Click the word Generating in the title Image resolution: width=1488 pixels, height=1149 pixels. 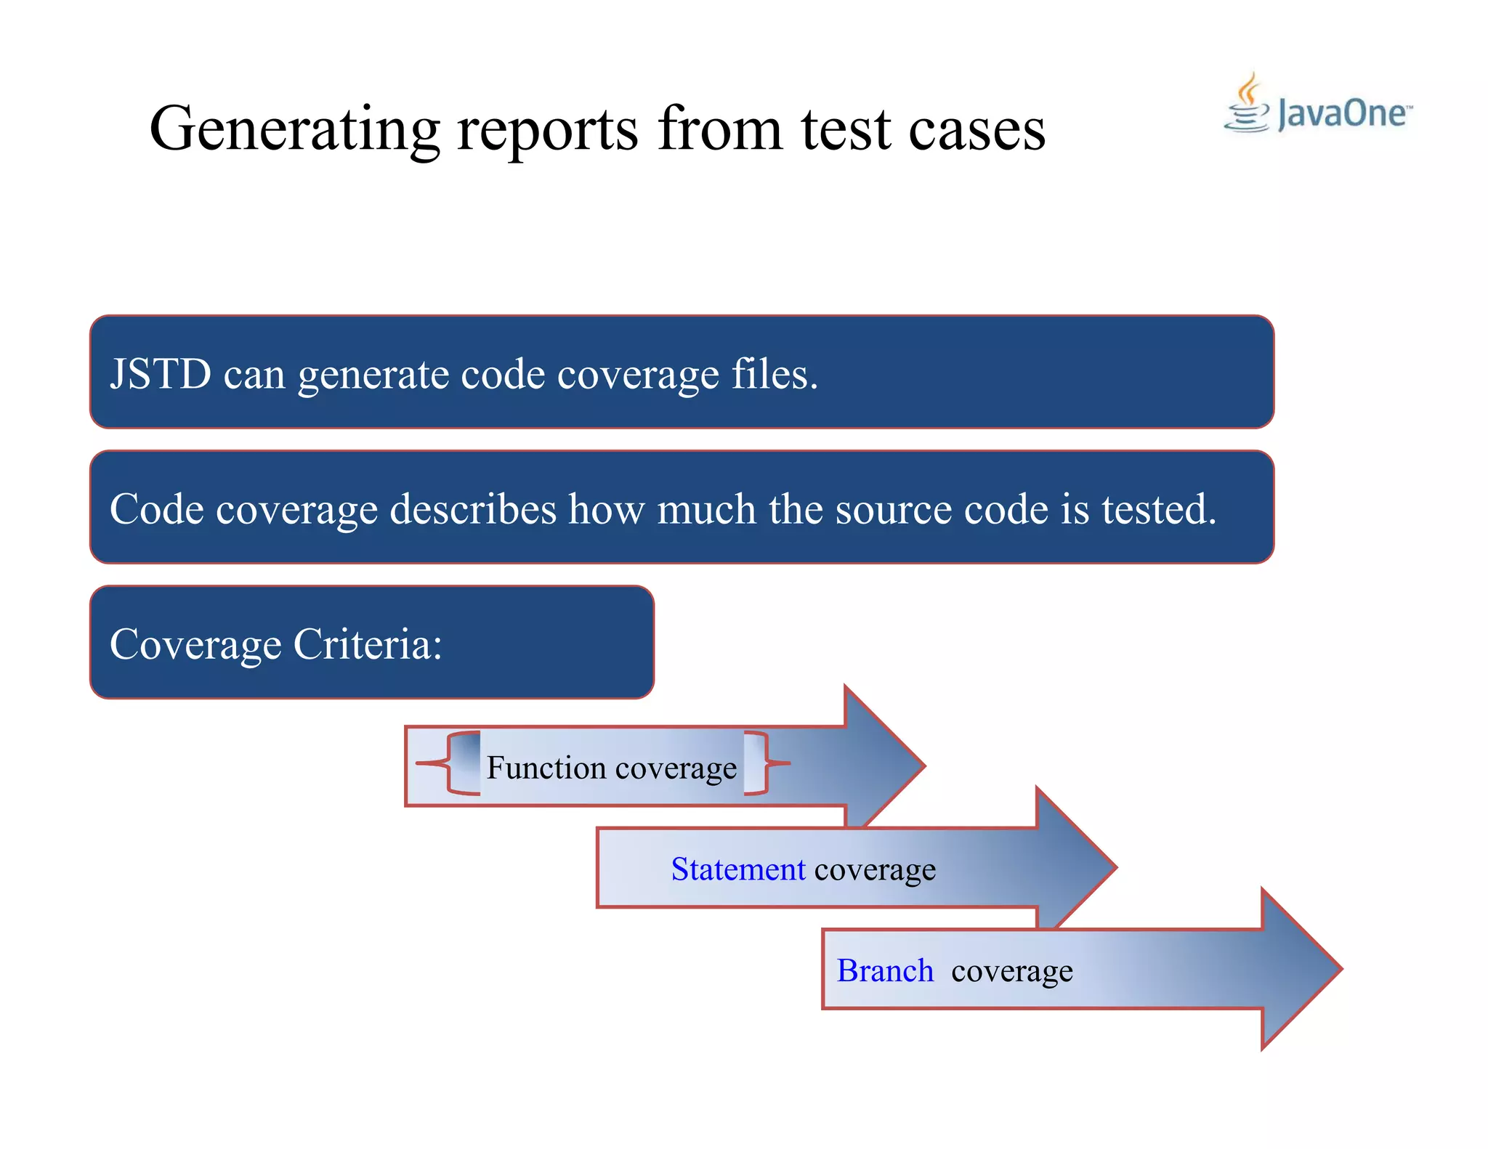[x=294, y=129]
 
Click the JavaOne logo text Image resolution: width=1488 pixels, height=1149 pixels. [x=1341, y=114]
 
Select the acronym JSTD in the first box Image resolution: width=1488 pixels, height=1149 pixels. [x=161, y=374]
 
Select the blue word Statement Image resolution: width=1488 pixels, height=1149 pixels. [x=737, y=869]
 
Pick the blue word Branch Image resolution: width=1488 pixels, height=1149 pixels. [x=884, y=971]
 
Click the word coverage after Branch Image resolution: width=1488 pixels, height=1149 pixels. [x=1011, y=971]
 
